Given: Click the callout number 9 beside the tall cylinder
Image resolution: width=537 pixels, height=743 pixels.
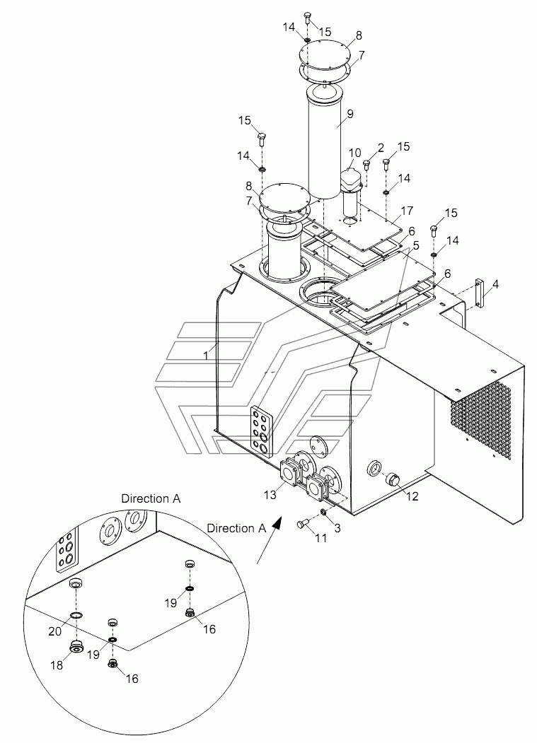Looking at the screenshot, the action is (x=350, y=114).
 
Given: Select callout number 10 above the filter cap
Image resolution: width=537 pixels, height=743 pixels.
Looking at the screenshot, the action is (x=355, y=153).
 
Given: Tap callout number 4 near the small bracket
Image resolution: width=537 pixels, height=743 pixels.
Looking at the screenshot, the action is (x=495, y=285).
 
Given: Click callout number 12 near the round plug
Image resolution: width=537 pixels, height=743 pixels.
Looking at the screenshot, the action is (x=412, y=496).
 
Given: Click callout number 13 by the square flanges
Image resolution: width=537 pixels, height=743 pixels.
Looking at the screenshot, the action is (x=270, y=495).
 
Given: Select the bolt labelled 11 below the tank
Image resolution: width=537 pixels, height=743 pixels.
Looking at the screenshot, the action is (x=302, y=523).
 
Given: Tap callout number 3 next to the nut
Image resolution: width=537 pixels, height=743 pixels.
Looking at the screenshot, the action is (x=337, y=528).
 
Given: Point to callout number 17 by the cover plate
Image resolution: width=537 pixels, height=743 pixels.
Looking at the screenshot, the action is (x=407, y=211).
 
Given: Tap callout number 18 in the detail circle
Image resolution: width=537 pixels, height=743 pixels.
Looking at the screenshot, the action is (x=57, y=665).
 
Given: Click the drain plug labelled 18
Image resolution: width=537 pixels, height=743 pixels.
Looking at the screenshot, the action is (x=76, y=646).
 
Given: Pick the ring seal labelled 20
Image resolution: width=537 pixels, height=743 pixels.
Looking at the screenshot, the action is (x=76, y=615).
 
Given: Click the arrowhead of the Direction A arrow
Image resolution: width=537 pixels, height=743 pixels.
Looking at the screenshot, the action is (x=277, y=523).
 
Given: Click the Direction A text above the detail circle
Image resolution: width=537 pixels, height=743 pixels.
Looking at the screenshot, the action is (x=151, y=498).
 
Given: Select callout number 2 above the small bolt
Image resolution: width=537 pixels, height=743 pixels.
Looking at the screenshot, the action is (x=380, y=148).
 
